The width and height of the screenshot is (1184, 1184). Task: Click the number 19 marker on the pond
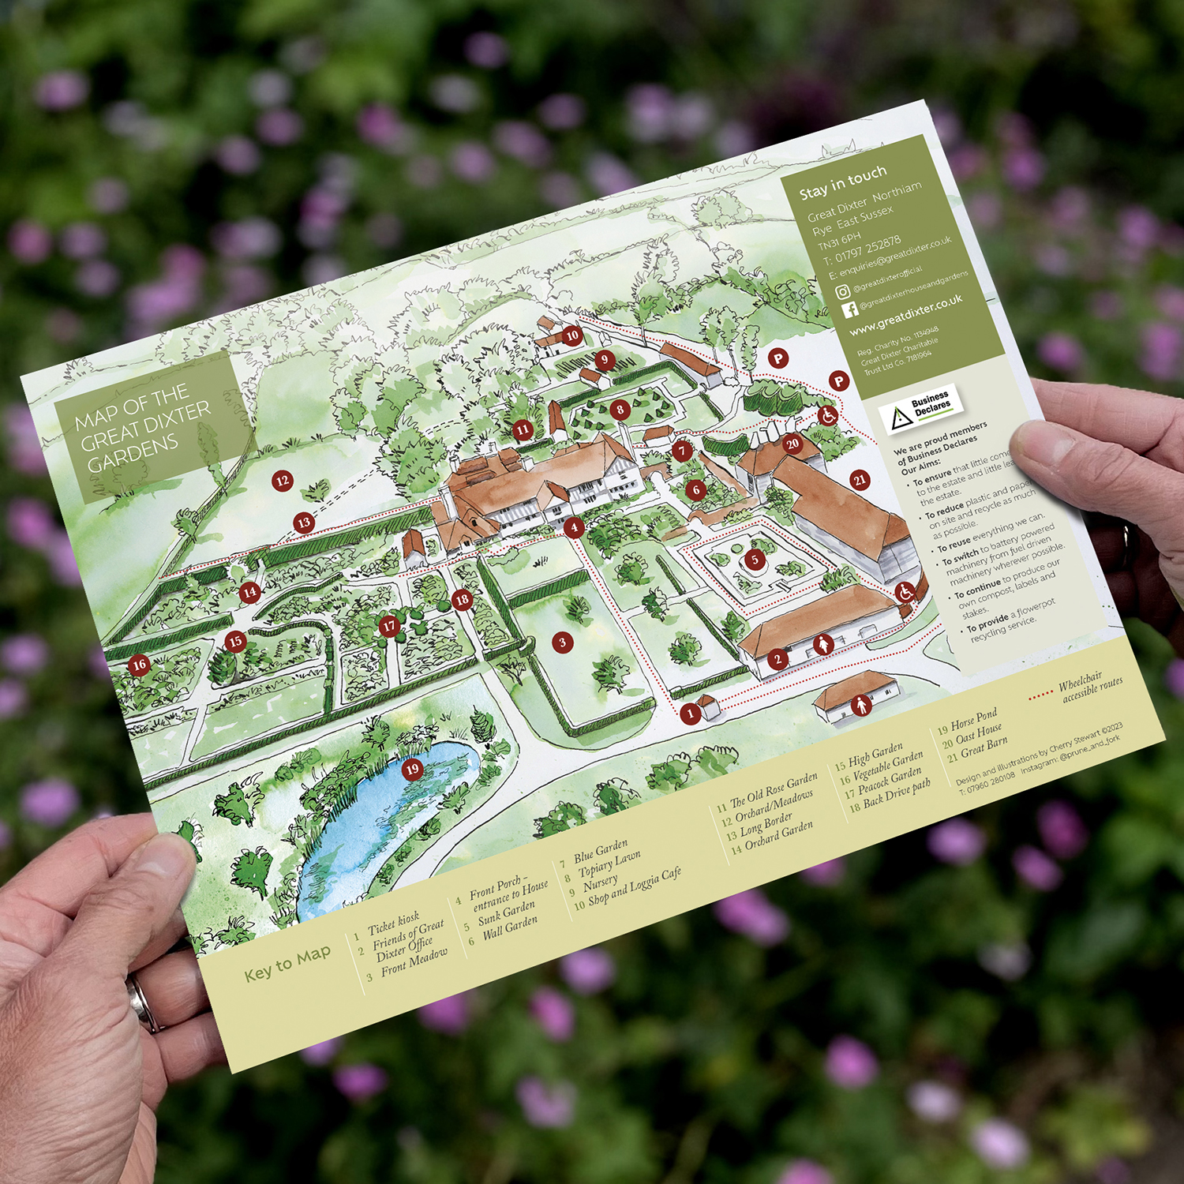tap(412, 770)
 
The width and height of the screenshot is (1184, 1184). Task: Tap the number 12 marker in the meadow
tap(283, 480)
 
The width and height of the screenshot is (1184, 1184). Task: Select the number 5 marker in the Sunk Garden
tap(755, 560)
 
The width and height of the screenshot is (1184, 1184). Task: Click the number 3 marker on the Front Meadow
tap(562, 643)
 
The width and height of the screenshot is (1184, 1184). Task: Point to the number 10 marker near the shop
tap(572, 335)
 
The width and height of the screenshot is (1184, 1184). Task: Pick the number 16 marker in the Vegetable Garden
tap(140, 665)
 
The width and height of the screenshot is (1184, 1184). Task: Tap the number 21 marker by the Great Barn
tap(860, 480)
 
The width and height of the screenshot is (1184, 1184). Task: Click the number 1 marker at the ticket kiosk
tap(690, 714)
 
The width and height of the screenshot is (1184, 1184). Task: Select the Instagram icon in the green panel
tap(843, 292)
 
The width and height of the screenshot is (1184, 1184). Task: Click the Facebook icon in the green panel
tap(850, 309)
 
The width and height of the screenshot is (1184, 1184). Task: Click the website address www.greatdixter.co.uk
tap(906, 313)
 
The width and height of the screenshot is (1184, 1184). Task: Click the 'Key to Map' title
tap(287, 963)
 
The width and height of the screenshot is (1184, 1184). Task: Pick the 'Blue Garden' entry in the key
tap(600, 851)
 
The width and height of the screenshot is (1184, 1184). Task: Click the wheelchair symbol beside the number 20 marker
tap(827, 415)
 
